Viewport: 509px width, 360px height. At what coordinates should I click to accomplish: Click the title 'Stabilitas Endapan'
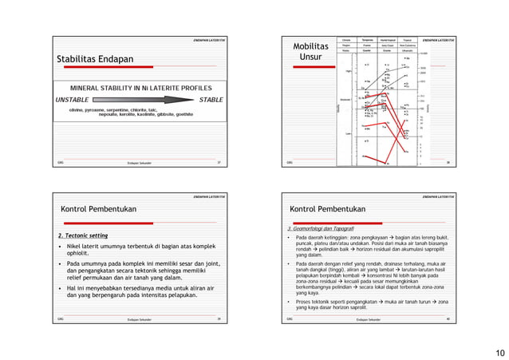tap(94, 60)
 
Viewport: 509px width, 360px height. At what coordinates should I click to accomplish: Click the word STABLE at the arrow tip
tap(211, 100)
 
